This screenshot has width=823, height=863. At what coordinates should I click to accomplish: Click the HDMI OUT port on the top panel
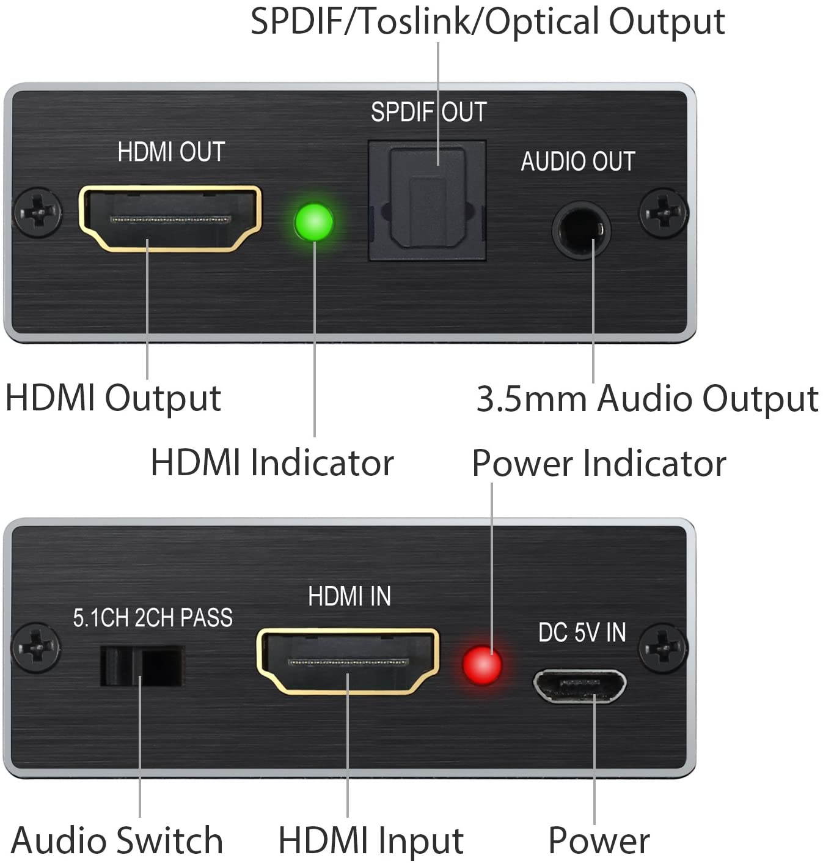[170, 218]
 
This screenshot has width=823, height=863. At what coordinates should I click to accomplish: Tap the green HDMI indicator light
[314, 221]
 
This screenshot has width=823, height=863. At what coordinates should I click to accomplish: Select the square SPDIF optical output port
[427, 201]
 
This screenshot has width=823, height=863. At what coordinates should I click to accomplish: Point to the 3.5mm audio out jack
[581, 231]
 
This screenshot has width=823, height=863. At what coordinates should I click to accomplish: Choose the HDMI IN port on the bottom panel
[348, 662]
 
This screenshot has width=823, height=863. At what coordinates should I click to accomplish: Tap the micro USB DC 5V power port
[580, 686]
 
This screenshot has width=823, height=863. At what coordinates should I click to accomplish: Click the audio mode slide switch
[142, 665]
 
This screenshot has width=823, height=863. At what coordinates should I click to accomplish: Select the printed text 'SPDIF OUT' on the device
[428, 112]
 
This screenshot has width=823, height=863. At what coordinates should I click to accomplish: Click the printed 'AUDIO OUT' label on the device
[578, 161]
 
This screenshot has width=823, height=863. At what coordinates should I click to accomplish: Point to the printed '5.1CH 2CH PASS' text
[153, 618]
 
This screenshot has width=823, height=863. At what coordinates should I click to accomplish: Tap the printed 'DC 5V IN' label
[582, 632]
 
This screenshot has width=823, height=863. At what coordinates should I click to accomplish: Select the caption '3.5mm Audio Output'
[647, 399]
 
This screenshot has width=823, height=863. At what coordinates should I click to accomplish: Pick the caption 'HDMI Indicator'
[272, 462]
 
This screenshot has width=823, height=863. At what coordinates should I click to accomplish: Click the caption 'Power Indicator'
[599, 463]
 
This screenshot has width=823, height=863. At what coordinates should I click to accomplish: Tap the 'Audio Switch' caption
[117, 840]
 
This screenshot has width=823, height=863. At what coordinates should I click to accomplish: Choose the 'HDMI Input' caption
[371, 840]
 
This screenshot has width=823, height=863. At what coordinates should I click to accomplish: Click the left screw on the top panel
[38, 213]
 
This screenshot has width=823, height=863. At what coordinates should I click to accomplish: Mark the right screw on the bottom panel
[663, 647]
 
